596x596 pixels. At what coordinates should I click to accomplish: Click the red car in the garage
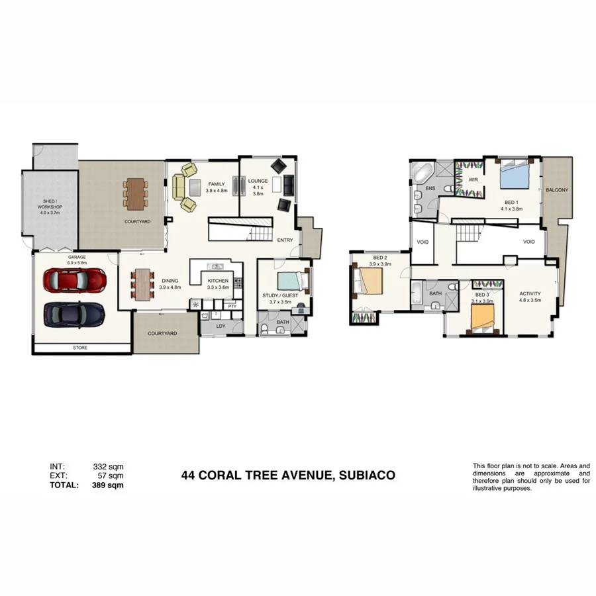75,280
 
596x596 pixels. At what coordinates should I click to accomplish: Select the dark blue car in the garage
74,313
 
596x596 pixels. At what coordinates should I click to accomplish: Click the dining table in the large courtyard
134,193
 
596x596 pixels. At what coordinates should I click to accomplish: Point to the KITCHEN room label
218,281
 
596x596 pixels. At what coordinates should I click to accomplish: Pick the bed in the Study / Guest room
291,281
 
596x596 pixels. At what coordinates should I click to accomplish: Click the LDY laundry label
221,325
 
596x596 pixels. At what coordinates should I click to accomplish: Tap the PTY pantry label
232,306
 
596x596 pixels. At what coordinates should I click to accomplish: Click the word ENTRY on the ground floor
285,240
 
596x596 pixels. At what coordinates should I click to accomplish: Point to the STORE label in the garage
79,348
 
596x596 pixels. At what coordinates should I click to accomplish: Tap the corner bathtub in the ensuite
422,172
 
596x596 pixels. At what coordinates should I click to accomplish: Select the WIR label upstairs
473,179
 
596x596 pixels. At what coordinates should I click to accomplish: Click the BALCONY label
557,190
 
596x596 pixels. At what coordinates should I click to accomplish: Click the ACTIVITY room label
530,293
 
